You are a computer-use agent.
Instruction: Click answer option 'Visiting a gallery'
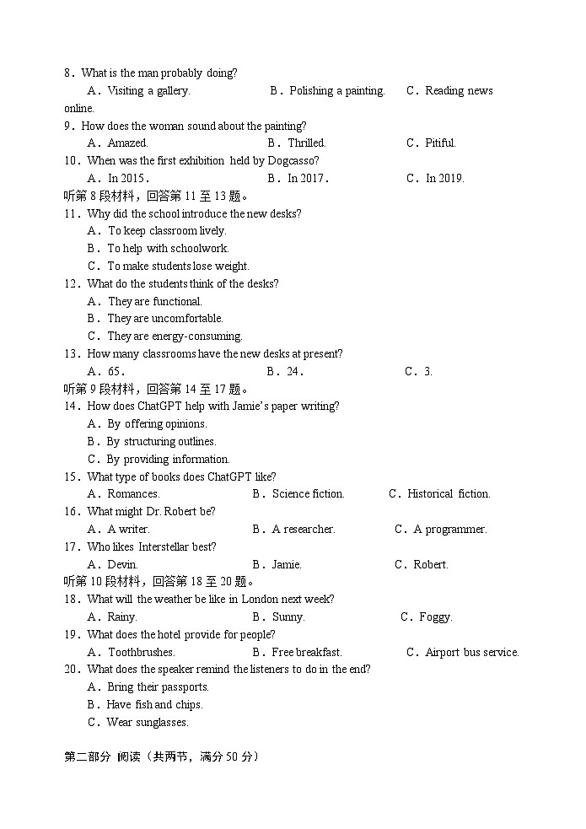tap(148, 91)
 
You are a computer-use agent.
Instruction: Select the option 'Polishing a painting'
tap(336, 91)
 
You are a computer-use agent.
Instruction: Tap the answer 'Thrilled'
tap(306, 143)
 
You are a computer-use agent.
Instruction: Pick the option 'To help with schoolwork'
tap(168, 248)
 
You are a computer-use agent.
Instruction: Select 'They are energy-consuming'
tap(175, 336)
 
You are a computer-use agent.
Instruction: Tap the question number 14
tap(72, 406)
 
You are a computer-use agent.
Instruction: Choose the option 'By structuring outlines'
tap(161, 441)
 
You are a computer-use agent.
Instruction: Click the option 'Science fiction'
tap(308, 493)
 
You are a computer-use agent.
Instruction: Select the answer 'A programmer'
tap(449, 529)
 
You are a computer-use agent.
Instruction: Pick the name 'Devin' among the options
tap(122, 564)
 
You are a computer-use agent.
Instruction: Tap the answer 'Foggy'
tap(435, 616)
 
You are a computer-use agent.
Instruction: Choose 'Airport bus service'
tap(471, 652)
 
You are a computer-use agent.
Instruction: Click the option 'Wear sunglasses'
tap(148, 722)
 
